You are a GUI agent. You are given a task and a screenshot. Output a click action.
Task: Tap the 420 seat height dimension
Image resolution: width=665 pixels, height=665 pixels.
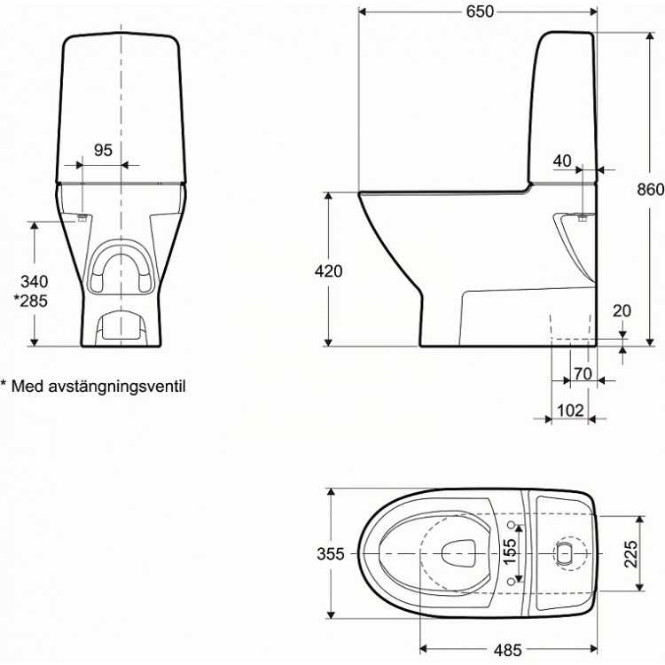pyautogui.click(x=328, y=271)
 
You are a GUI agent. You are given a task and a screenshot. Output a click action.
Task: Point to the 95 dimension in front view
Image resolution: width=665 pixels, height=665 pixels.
pyautogui.click(x=103, y=150)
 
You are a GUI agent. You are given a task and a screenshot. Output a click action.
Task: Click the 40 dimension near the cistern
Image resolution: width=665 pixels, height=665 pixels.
pyautogui.click(x=561, y=160)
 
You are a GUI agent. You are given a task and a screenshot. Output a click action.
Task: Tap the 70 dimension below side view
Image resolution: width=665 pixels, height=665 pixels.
pyautogui.click(x=582, y=373)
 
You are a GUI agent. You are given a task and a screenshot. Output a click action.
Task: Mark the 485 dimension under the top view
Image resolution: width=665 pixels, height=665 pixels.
pyautogui.click(x=508, y=649)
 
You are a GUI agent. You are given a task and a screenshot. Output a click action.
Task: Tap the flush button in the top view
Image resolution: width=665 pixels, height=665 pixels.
pyautogui.click(x=563, y=553)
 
